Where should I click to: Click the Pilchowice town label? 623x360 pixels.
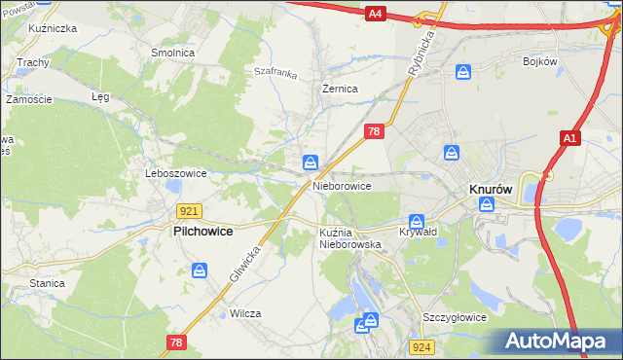(x=206, y=233)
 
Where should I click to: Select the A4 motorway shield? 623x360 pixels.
(x=377, y=14)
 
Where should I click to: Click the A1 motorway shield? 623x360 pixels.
(x=570, y=140)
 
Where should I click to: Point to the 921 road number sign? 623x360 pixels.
(x=190, y=211)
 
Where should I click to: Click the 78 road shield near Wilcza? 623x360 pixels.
(x=176, y=342)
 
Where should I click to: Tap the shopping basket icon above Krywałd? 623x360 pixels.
(x=417, y=221)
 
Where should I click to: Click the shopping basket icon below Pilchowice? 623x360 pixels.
(x=200, y=270)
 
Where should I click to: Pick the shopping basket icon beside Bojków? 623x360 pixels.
(x=464, y=71)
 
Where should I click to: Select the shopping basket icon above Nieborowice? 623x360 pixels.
(x=310, y=162)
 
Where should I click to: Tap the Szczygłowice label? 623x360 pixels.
(x=454, y=317)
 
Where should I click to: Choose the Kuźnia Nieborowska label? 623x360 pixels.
(x=349, y=238)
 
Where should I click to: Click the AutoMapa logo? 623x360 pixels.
(x=557, y=342)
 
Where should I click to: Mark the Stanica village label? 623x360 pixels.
(x=47, y=283)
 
